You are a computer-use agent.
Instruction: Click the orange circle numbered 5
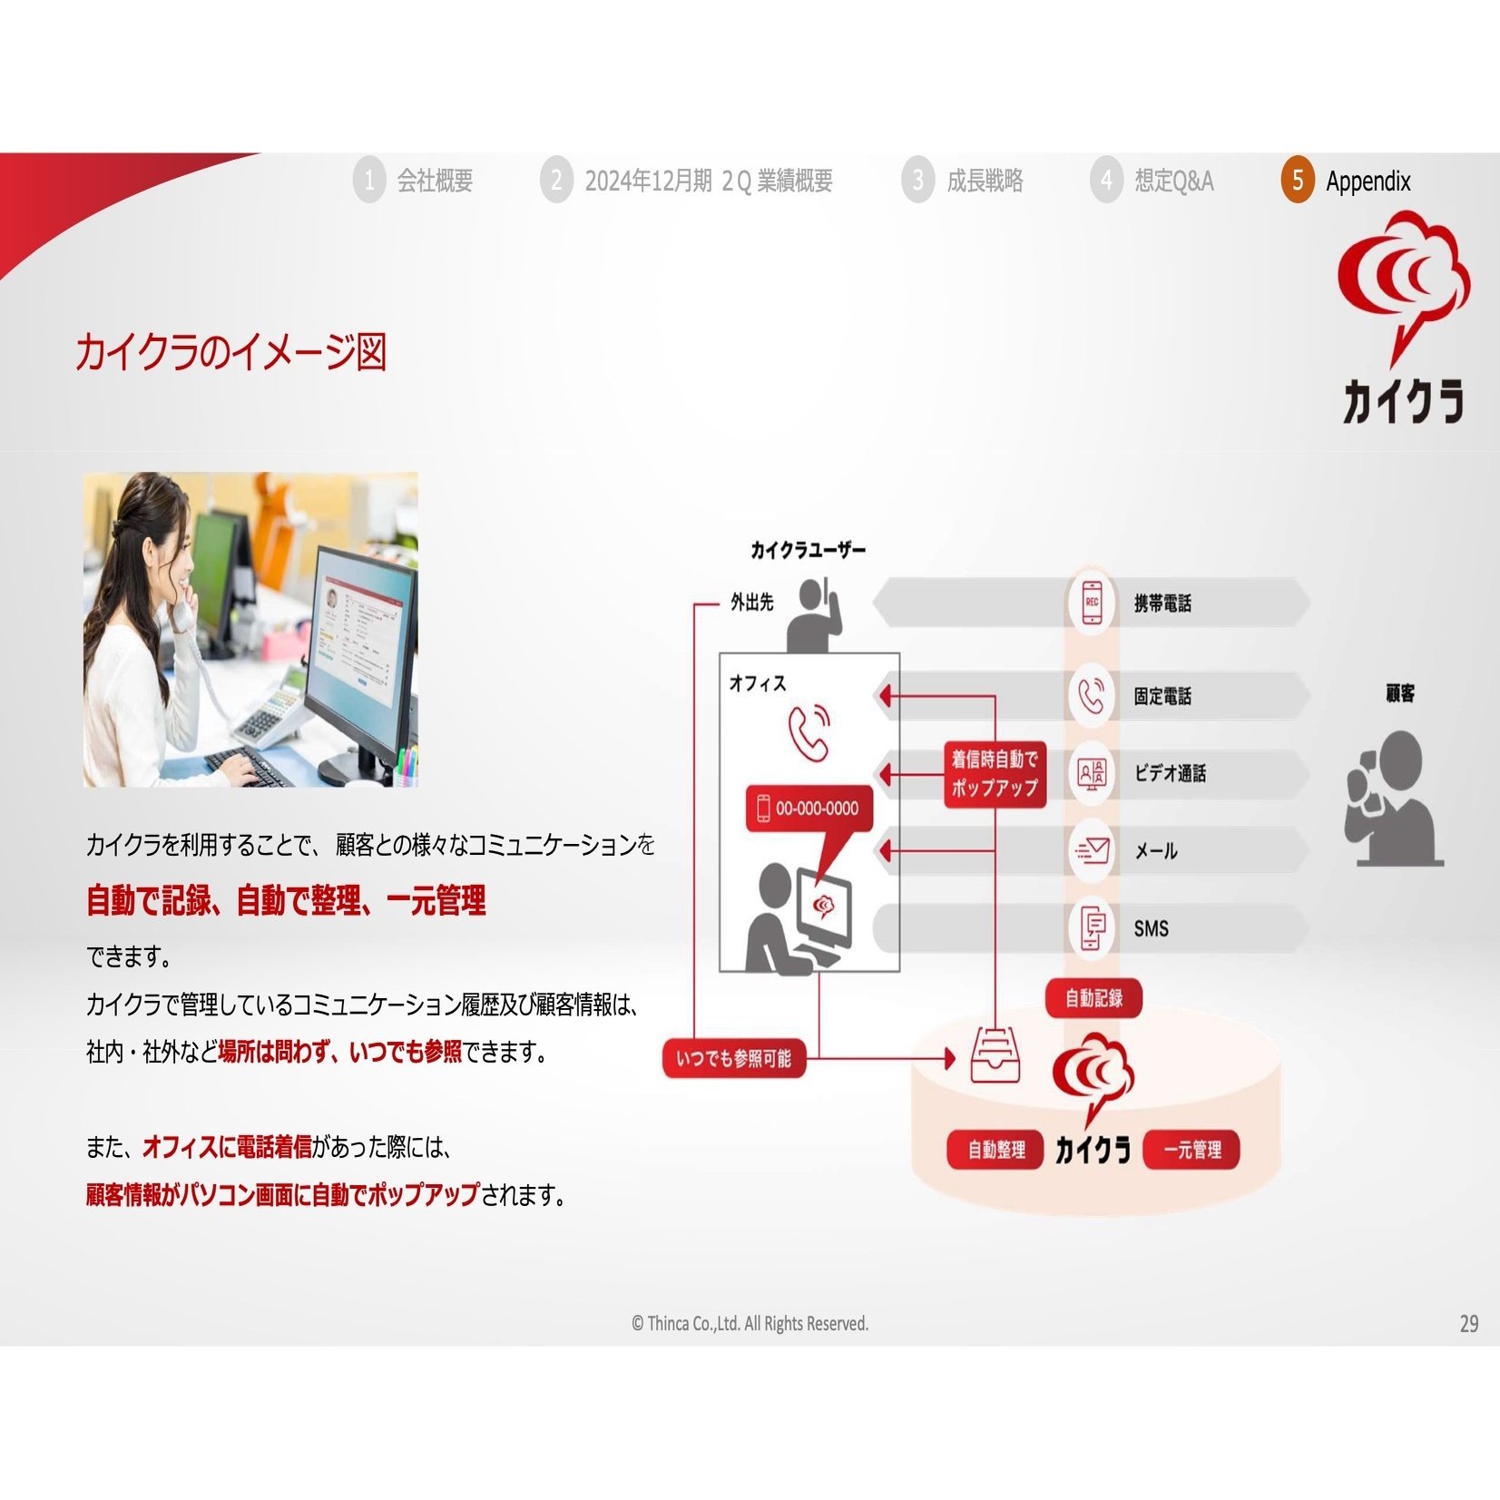[1297, 180]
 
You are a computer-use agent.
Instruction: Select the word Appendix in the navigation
[1368, 181]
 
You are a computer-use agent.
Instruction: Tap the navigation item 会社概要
[435, 181]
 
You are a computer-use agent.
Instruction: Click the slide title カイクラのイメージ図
[230, 352]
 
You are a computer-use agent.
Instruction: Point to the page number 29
[1468, 1324]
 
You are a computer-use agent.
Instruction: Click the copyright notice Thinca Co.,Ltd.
[750, 1324]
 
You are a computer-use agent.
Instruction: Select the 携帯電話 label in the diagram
[1162, 603]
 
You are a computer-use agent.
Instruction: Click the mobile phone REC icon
[1092, 603]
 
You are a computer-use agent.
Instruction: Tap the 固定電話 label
[1162, 696]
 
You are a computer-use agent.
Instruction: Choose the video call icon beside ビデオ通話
[1092, 773]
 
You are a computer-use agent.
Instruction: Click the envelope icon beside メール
[1092, 850]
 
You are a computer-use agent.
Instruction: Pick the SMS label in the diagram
[1151, 928]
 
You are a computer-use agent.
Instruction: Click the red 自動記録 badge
[1093, 998]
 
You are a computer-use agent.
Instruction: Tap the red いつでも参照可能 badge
[734, 1058]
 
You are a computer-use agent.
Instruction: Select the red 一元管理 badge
[1191, 1150]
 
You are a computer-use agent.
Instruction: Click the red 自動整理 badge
[995, 1150]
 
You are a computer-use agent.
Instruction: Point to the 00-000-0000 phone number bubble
[809, 809]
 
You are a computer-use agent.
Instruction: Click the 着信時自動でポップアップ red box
[995, 774]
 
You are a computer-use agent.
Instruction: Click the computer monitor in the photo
[359, 662]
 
